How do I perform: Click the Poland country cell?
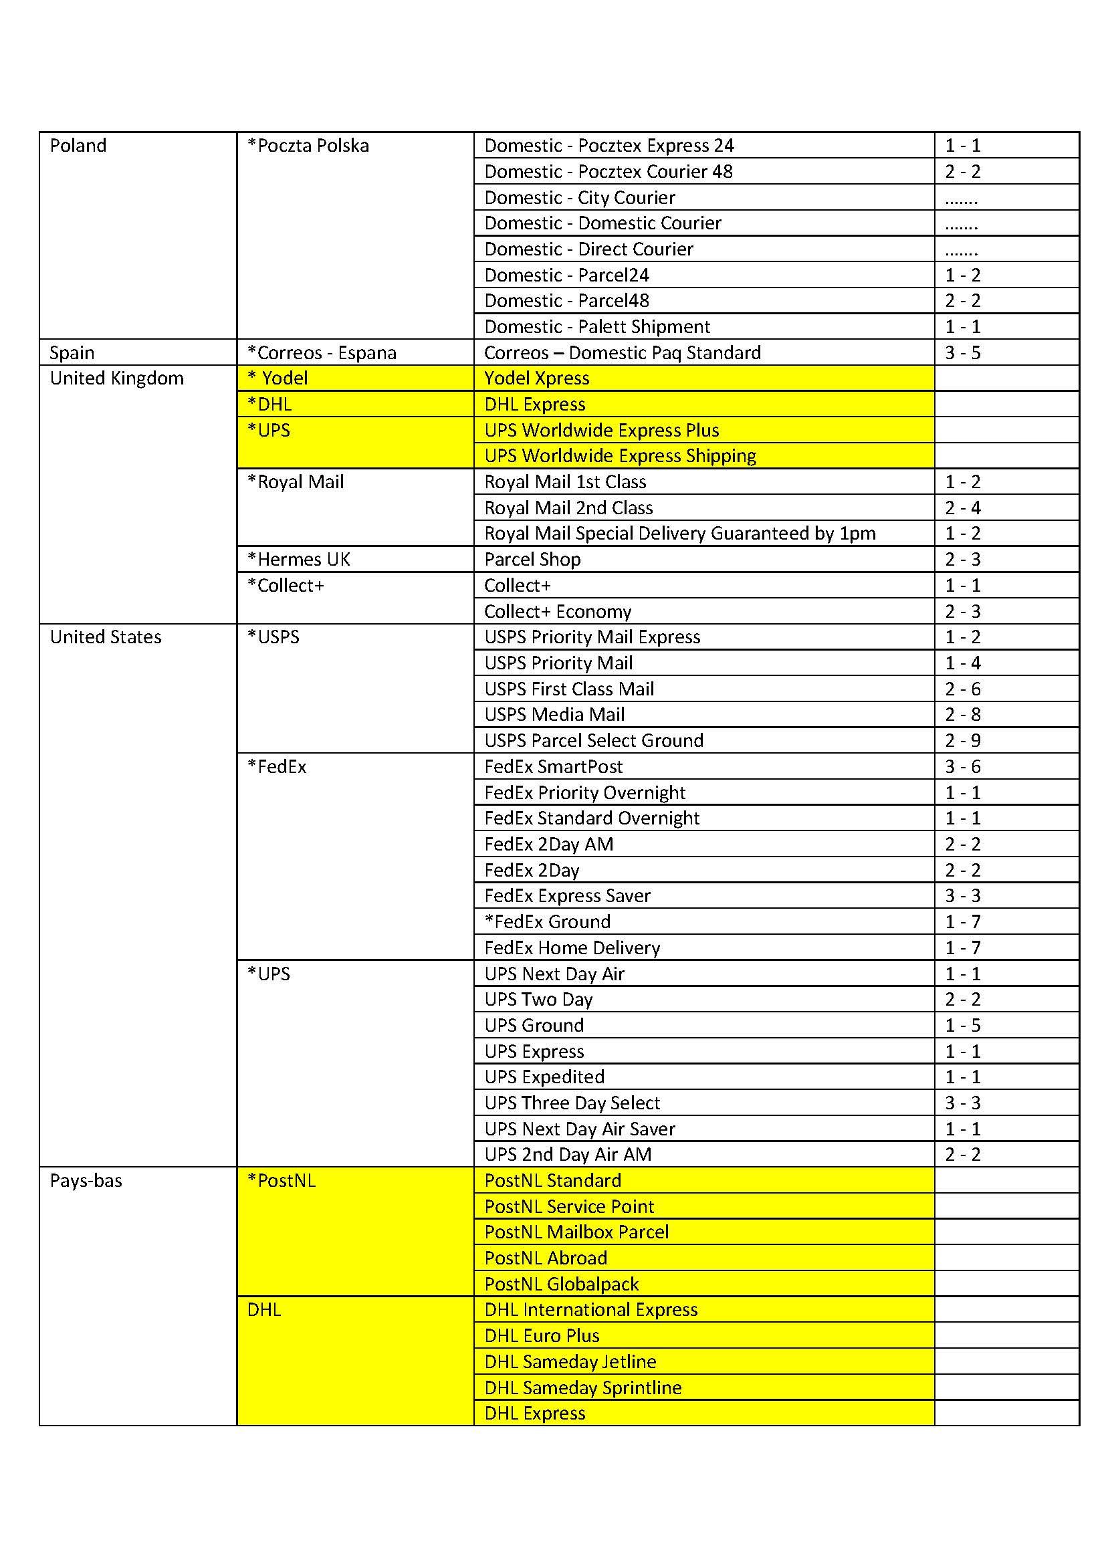78,145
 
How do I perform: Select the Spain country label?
72,352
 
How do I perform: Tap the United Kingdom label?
117,378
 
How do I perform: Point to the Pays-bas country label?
86,1180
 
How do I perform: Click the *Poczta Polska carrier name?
308,145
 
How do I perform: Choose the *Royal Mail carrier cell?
296,481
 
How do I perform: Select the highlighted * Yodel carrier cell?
278,378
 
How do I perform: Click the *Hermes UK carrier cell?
299,559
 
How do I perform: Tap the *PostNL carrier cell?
282,1180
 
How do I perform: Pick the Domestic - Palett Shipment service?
597,326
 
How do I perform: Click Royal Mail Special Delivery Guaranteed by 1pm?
679,534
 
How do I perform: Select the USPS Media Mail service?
554,715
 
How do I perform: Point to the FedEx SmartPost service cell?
554,766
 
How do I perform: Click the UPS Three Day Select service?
572,1103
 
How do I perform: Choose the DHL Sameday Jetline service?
570,1361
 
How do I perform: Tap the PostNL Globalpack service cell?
561,1284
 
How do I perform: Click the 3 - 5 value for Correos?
962,352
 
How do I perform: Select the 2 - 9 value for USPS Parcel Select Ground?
962,740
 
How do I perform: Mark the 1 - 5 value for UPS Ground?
962,1025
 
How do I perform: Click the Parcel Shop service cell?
532,559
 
